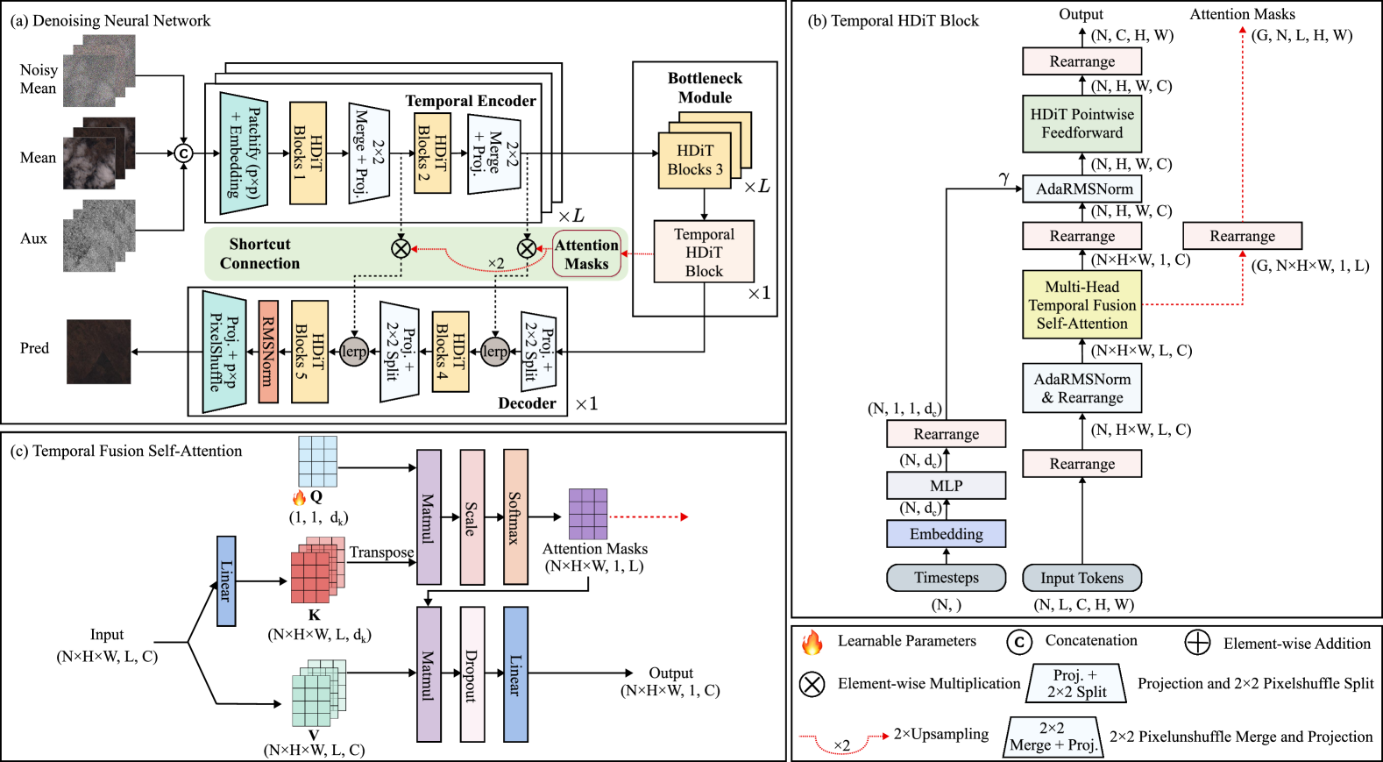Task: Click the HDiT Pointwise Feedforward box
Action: pyautogui.click(x=1082, y=124)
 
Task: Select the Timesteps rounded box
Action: pyautogui.click(x=946, y=578)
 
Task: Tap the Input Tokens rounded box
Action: pyautogui.click(x=1082, y=578)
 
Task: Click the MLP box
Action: pyautogui.click(x=946, y=486)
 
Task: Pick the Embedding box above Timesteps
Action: pyautogui.click(x=946, y=534)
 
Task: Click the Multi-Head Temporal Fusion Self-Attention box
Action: pyautogui.click(x=1082, y=305)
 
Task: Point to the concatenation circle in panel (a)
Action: pyautogui.click(x=183, y=153)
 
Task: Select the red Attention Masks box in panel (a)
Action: pyautogui.click(x=586, y=254)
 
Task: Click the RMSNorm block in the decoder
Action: pyautogui.click(x=268, y=352)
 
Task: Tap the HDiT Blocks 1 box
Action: pyautogui.click(x=308, y=153)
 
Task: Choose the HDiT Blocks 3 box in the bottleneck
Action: pyautogui.click(x=695, y=160)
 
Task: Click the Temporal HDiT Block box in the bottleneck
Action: pyautogui.click(x=704, y=252)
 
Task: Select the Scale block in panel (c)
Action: pyautogui.click(x=472, y=517)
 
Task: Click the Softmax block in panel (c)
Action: pyautogui.click(x=515, y=517)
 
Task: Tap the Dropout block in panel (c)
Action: pyautogui.click(x=472, y=674)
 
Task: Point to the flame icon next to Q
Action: pyautogui.click(x=299, y=497)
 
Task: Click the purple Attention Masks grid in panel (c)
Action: pyautogui.click(x=588, y=514)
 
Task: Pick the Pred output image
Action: pyautogui.click(x=99, y=352)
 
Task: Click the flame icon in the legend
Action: pyautogui.click(x=812, y=643)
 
